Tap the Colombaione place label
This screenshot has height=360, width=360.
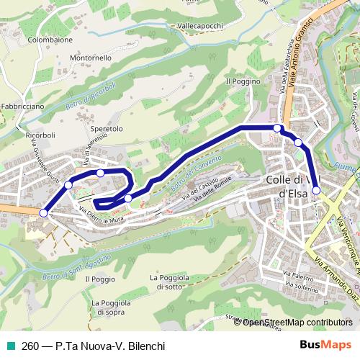point(50,40)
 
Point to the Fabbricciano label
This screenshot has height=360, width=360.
point(22,106)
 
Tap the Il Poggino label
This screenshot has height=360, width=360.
point(243,81)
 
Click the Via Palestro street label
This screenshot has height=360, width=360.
point(298,275)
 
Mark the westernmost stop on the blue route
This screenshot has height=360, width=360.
point(44,212)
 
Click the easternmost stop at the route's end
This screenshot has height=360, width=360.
point(316,190)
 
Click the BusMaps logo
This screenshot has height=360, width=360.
point(327,345)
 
